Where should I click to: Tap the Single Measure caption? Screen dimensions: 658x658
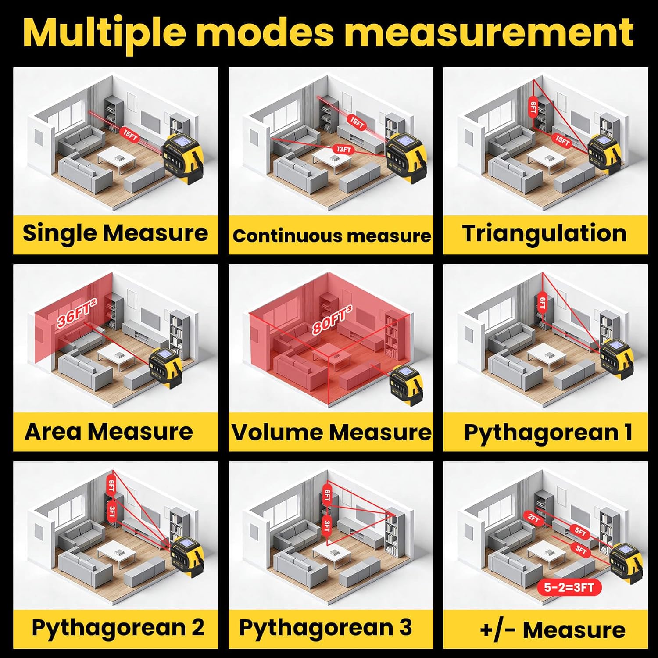point(115,233)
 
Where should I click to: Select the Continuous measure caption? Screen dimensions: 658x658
point(332,236)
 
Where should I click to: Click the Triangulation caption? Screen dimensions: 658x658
point(545,233)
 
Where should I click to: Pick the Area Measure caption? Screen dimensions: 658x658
point(109,432)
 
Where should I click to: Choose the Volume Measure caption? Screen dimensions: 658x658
point(332,432)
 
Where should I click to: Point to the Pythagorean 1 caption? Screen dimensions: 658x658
point(548,433)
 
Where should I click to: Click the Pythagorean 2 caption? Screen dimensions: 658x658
point(118,628)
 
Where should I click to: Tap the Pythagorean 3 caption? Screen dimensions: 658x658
point(325,628)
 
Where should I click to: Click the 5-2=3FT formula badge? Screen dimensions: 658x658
point(569,587)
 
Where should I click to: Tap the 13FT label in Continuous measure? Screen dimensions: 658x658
point(343,149)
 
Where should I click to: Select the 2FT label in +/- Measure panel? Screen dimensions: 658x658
point(533,518)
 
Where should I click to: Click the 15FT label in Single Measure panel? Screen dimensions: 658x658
point(130,135)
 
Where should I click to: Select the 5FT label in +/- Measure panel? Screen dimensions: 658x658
point(580,532)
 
